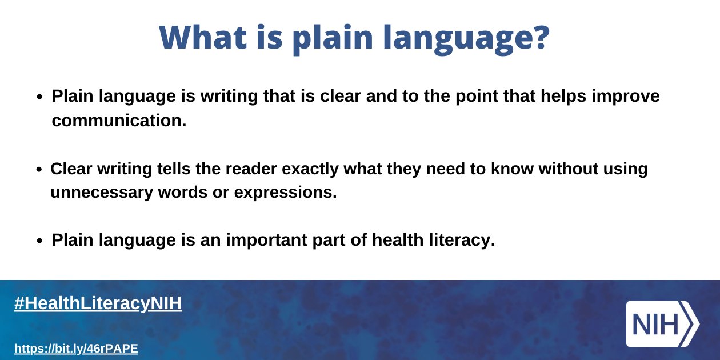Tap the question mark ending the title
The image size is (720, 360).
click(539, 38)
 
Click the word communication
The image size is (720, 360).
click(119, 121)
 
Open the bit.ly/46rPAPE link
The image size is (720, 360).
click(76, 348)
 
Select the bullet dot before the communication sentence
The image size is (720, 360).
click(40, 97)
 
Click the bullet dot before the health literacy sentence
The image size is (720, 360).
click(40, 241)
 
